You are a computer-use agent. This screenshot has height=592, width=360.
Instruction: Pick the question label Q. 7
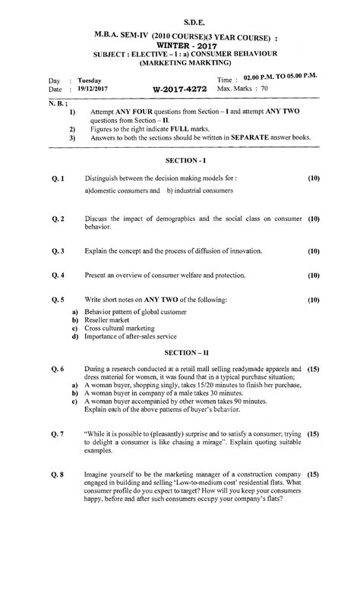pyautogui.click(x=58, y=434)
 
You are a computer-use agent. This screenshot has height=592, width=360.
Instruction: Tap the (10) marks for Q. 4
pyautogui.click(x=314, y=276)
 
